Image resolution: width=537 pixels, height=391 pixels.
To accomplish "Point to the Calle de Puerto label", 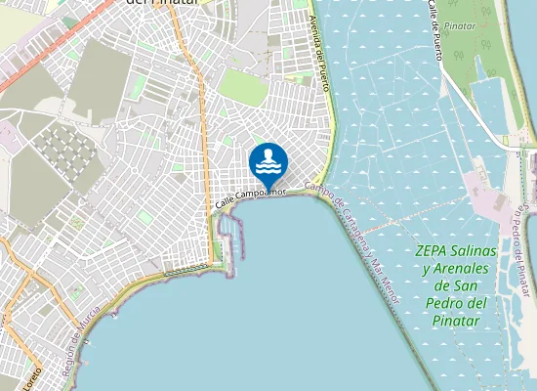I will [x=432, y=28].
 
